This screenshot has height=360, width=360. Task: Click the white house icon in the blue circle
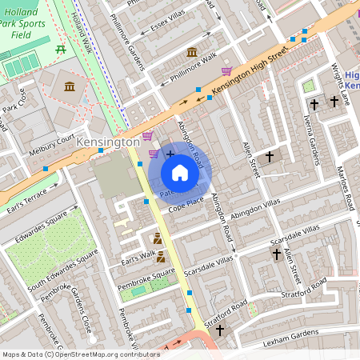click(x=179, y=172)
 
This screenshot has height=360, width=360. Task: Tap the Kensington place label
click(x=109, y=142)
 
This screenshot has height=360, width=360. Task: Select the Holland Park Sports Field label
click(x=27, y=24)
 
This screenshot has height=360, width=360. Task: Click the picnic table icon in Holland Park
click(x=62, y=50)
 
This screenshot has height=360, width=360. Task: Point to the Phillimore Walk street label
click(x=188, y=69)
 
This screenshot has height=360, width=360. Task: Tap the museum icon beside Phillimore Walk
click(x=192, y=53)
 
